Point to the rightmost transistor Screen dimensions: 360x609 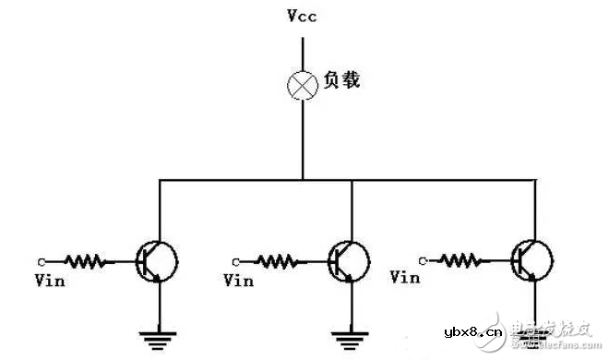(x=530, y=259)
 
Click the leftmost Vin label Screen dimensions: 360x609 (x=49, y=281)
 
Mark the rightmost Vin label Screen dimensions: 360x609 (x=407, y=276)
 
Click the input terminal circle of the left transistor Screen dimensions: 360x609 (x=42, y=260)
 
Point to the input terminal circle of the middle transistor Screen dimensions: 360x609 (x=236, y=260)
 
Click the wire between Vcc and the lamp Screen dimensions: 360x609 (x=303, y=51)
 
